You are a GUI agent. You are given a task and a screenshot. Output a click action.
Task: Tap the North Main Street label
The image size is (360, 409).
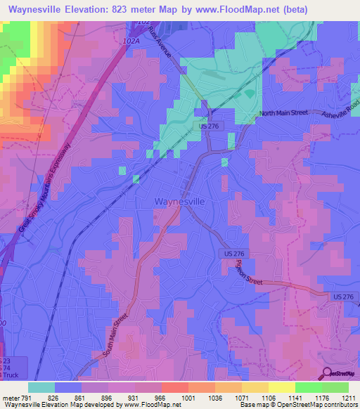pyautogui.click(x=283, y=112)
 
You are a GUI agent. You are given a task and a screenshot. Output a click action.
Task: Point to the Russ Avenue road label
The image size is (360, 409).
pyautogui.click(x=160, y=47)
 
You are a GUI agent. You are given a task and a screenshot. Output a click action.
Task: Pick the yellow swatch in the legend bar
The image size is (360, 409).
pyautogui.click(x=282, y=387)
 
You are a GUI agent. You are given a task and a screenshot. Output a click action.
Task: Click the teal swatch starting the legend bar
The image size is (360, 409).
pyautogui.click(x=41, y=387)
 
